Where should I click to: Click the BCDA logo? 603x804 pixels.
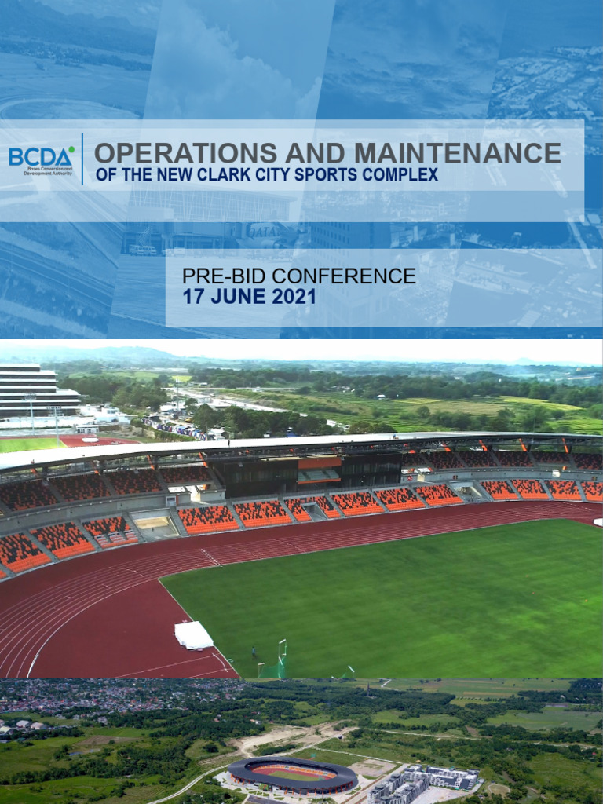(x=42, y=157)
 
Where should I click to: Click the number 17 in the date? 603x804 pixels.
(x=193, y=297)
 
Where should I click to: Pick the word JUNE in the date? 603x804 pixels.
(x=238, y=297)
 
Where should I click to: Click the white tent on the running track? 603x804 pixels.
(x=194, y=634)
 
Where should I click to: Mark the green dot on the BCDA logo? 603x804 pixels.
(x=71, y=148)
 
